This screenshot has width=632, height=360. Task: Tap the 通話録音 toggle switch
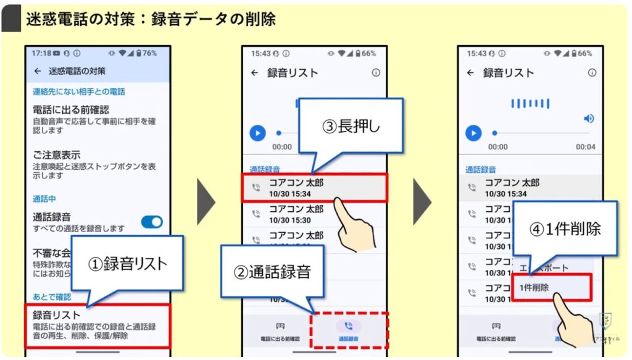coord(152,222)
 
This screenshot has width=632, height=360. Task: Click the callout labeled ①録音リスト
coord(127,263)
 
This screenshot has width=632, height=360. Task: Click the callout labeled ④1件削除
coord(565,228)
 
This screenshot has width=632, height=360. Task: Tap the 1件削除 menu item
coord(551,288)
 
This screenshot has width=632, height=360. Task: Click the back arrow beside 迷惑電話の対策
coord(38,71)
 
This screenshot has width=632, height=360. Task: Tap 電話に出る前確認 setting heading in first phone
coord(71,109)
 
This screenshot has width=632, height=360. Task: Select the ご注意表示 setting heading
coord(57,154)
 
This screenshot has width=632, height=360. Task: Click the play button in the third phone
coord(473,133)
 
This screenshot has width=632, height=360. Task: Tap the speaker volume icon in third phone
coord(589,118)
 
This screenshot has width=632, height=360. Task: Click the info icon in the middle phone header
coord(376,73)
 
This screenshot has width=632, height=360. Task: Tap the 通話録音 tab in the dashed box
coord(349,330)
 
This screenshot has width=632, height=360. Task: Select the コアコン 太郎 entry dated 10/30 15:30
coord(296,214)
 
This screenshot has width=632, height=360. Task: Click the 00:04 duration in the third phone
coord(585,147)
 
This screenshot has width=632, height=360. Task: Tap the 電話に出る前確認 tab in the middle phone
coord(280,330)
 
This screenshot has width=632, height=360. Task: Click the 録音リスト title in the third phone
coord(509,73)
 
